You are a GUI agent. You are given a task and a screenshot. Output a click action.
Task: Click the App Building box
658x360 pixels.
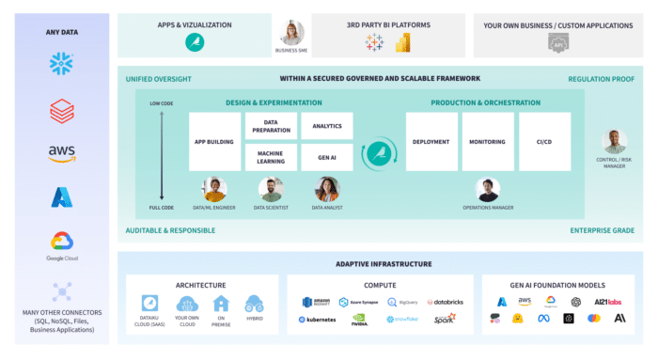[214, 143]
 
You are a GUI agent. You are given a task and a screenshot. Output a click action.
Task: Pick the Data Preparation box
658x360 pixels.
[271, 126]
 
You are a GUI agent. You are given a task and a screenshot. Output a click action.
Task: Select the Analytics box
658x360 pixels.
[327, 126]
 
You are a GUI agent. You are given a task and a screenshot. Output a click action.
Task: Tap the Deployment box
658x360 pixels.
[431, 143]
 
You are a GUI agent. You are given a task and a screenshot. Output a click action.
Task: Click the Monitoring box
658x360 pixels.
[488, 143]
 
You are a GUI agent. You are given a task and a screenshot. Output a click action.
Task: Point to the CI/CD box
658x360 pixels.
[544, 143]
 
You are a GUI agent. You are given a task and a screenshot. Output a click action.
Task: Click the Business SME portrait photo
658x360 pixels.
[291, 33]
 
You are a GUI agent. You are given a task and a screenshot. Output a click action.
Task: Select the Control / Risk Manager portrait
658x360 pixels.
[615, 141]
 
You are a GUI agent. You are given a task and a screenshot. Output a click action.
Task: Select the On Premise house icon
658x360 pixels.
[222, 304]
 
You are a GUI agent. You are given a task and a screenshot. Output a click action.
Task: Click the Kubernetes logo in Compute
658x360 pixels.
[317, 320]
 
